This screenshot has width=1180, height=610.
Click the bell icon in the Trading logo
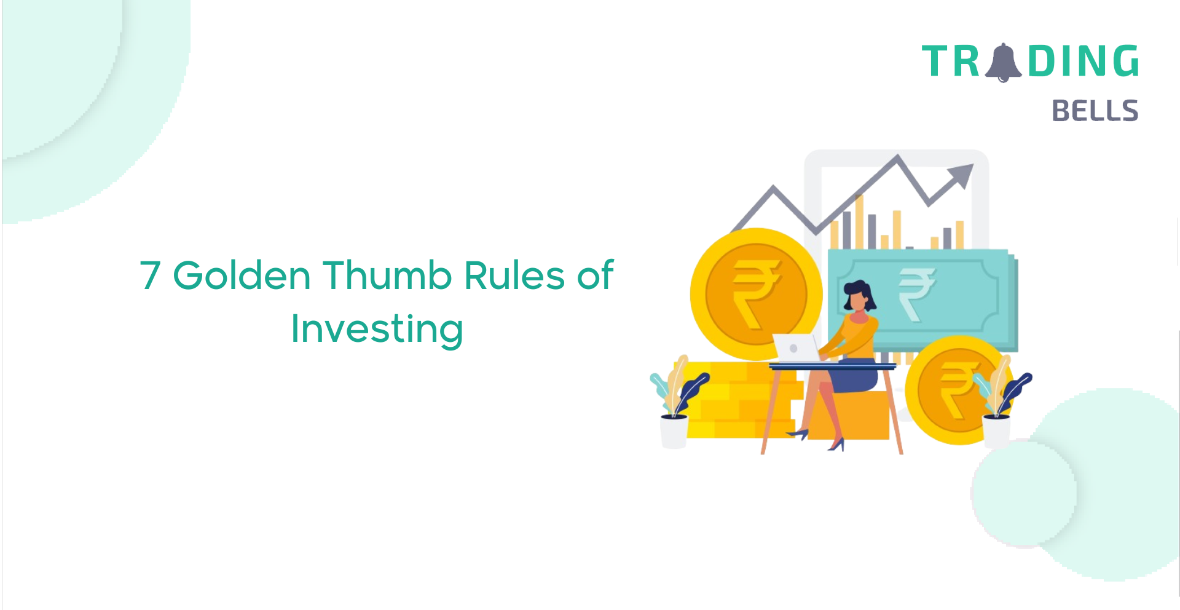1003,62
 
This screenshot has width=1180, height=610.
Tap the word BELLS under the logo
1095,111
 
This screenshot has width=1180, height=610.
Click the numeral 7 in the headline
151,275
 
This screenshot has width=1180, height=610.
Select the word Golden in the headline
242,275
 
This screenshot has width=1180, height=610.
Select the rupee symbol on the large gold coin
757,293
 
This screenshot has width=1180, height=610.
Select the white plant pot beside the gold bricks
674,432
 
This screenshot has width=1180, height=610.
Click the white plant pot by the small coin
997,430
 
